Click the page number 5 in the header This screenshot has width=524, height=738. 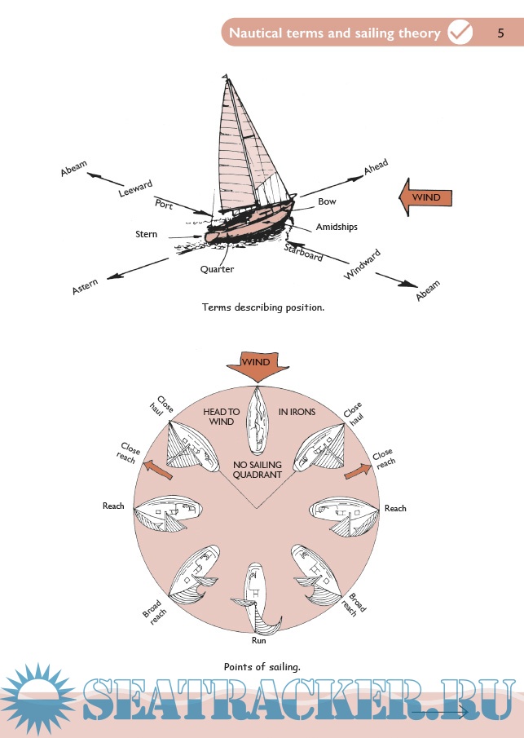click(x=501, y=33)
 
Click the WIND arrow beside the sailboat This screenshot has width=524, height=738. click(x=424, y=198)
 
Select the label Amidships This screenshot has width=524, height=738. click(x=336, y=227)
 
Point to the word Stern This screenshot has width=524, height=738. click(x=147, y=235)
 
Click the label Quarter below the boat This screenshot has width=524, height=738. click(x=217, y=269)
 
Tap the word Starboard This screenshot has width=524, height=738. click(x=304, y=252)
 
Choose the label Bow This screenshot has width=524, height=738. click(x=327, y=201)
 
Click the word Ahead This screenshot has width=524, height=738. click(x=376, y=167)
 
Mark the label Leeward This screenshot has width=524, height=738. click(x=135, y=189)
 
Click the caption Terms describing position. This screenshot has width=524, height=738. click(x=262, y=307)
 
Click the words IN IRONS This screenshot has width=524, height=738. click(x=297, y=412)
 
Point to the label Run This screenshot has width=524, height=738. click(x=258, y=641)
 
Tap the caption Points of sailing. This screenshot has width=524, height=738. click(x=262, y=667)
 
